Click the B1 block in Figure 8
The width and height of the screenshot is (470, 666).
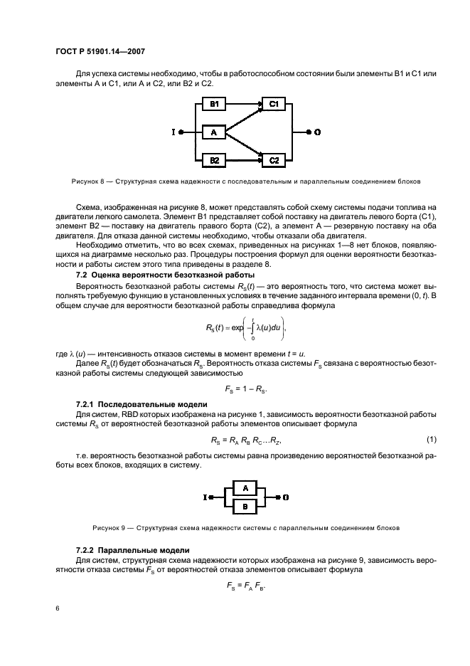pos(214,105)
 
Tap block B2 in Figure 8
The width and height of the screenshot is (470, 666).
pos(214,160)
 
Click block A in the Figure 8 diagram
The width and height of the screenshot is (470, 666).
pos(214,132)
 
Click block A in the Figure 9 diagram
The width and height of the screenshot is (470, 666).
pos(245,488)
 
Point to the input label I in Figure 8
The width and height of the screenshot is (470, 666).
pos(173,132)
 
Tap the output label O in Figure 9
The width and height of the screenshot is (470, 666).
pos(286,498)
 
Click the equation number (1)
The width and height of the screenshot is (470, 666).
pos(431,439)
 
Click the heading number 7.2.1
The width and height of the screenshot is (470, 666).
pos(90,404)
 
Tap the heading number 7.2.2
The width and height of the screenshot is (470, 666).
pos(90,550)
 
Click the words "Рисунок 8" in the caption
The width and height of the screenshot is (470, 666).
pos(87,181)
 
